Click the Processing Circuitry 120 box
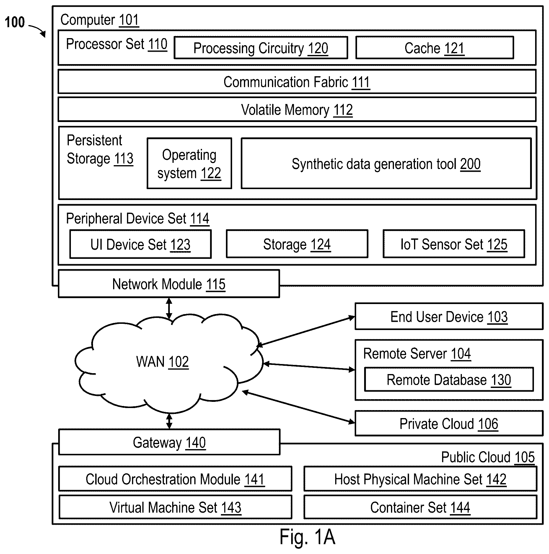(x=261, y=48)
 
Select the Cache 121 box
(x=434, y=48)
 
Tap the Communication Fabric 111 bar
(x=297, y=82)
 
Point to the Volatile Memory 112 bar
(x=297, y=110)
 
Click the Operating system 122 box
(x=189, y=163)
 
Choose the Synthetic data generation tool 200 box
(x=386, y=163)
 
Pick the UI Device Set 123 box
(x=141, y=244)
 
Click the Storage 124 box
(x=297, y=244)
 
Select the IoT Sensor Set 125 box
(x=454, y=244)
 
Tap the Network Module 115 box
(x=169, y=284)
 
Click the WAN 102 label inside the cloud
(x=162, y=362)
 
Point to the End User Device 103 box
(x=449, y=316)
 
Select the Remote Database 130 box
(x=449, y=380)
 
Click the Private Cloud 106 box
(x=449, y=423)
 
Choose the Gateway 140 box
(x=169, y=442)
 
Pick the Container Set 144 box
(x=420, y=507)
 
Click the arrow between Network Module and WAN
(x=169, y=308)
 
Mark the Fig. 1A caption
(x=307, y=537)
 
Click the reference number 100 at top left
(x=15, y=22)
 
